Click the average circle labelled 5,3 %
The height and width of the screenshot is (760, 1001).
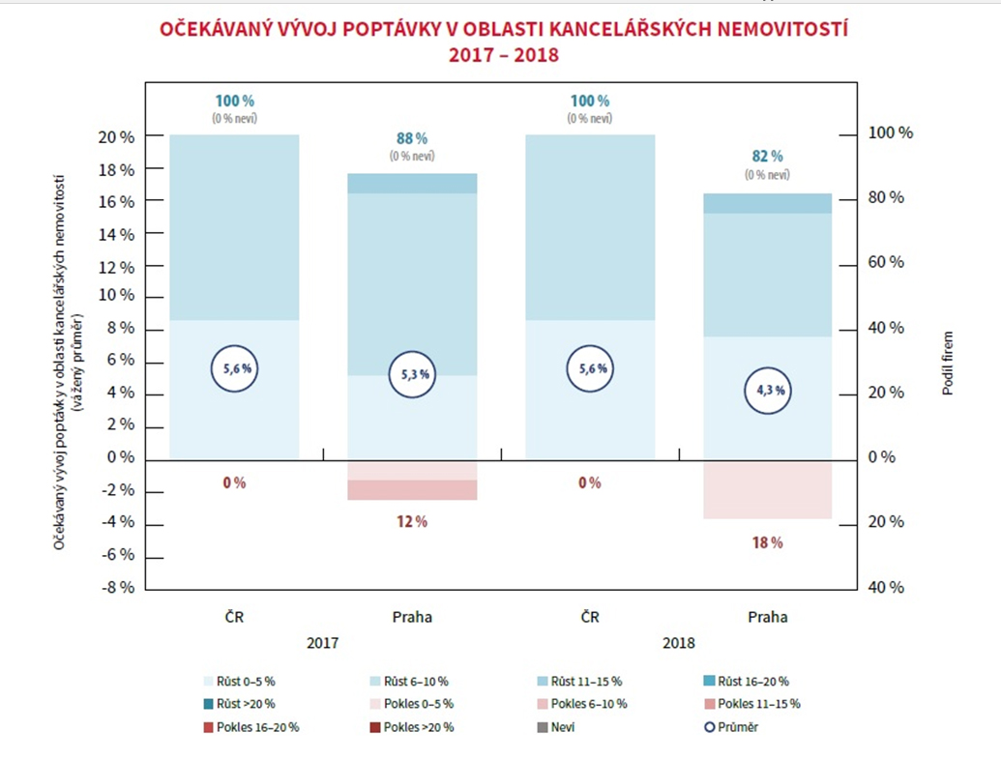(413, 375)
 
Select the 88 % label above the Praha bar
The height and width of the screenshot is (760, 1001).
(412, 138)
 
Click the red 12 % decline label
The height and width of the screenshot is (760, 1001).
(412, 521)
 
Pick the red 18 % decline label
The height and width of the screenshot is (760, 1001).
(767, 542)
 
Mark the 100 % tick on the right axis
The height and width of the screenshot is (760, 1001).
(889, 133)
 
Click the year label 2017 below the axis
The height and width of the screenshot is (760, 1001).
(322, 641)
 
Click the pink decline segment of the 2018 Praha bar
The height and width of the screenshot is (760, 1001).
(768, 490)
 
